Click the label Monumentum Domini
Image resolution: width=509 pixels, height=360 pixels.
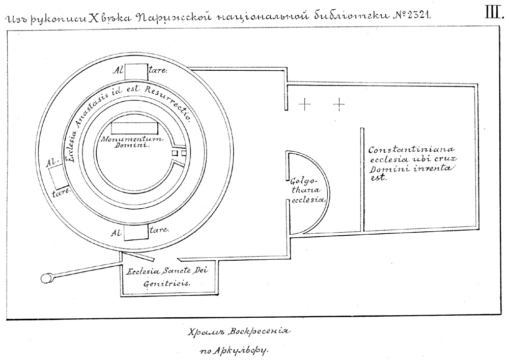[130, 142]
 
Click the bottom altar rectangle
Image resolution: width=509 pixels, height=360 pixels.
[135, 232]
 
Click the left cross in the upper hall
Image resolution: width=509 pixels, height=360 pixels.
[304, 105]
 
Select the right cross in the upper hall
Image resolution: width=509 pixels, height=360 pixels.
[339, 105]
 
